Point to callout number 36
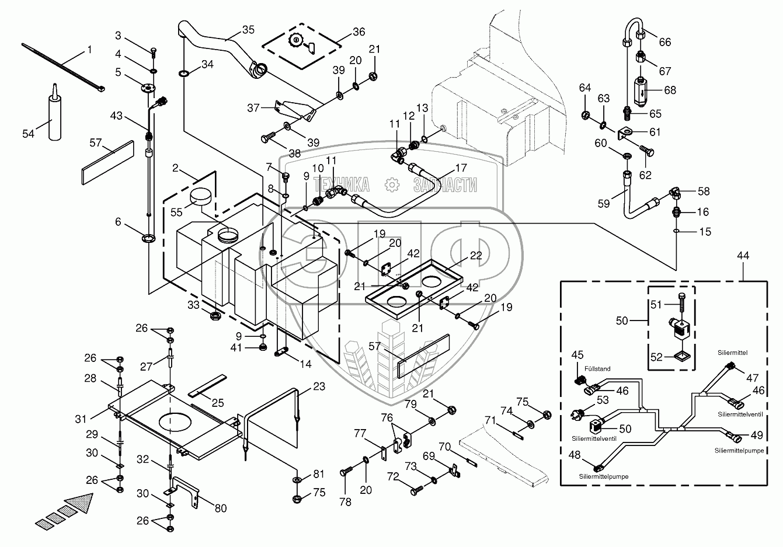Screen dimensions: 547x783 click(358, 32)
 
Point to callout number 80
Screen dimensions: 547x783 click(221, 508)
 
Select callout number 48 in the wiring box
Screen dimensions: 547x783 click(575, 455)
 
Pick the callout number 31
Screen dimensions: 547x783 click(80, 419)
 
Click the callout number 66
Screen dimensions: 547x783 click(665, 42)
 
